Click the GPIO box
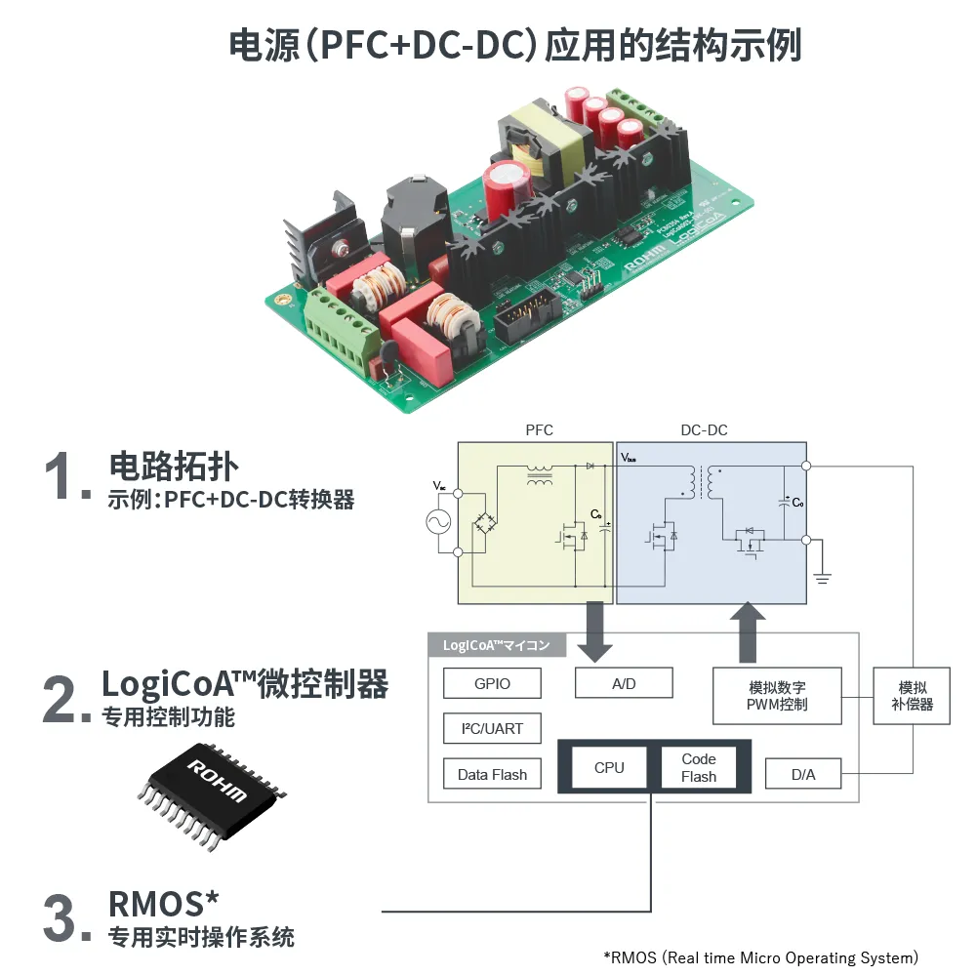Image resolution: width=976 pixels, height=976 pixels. [492, 683]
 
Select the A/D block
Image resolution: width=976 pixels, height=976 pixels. [624, 683]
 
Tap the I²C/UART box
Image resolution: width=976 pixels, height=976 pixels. [492, 728]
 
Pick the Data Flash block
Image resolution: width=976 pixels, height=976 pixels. [492, 774]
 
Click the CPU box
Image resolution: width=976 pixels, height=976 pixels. [609, 767]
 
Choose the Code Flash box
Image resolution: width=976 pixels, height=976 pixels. [699, 767]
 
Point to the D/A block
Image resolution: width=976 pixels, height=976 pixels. [803, 774]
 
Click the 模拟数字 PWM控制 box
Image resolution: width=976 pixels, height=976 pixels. [777, 695]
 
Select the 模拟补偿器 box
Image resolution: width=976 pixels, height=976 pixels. [913, 695]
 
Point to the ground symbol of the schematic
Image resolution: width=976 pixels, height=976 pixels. [822, 578]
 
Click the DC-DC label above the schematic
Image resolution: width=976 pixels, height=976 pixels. [704, 430]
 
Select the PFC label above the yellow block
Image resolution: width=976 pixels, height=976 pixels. [540, 430]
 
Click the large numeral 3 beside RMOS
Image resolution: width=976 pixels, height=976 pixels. [61, 916]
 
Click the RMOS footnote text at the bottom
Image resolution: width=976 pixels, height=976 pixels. [761, 957]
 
